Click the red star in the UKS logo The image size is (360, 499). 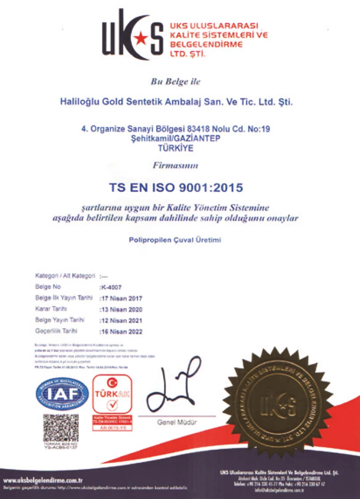click(140, 37)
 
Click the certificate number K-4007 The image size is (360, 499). click(111, 287)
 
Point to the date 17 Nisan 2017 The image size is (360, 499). click(121, 298)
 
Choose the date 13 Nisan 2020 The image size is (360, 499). click(121, 310)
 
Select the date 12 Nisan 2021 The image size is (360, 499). click(121, 320)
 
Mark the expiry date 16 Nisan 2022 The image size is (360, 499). click(121, 332)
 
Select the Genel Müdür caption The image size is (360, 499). click(177, 422)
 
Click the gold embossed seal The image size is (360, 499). click(277, 404)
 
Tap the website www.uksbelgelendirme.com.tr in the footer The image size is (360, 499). click(43, 481)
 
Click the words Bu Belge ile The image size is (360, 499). click(176, 82)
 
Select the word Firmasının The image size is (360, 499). click(176, 166)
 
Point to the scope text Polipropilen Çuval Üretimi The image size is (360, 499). click(175, 239)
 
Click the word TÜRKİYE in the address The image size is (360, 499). click(176, 148)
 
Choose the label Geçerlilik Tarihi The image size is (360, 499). click(56, 331)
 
